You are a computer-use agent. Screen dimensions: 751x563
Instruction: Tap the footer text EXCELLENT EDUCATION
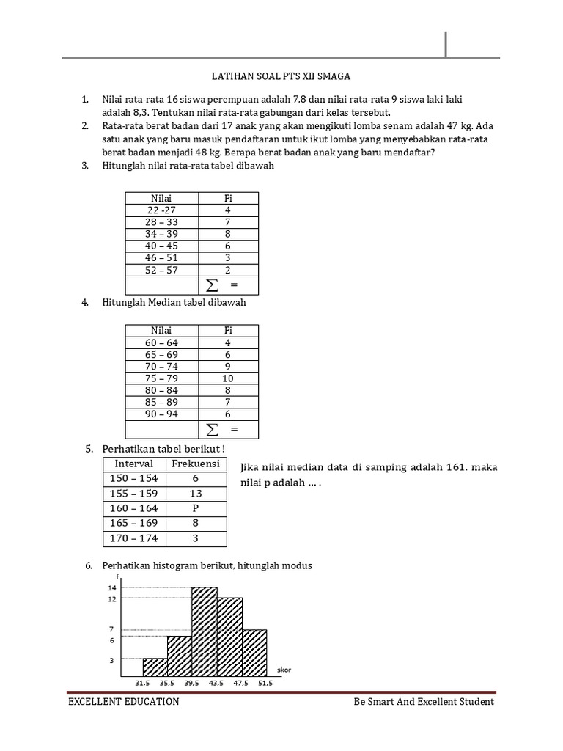coord(123,702)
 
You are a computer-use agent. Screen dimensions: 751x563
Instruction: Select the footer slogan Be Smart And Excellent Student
coord(423,702)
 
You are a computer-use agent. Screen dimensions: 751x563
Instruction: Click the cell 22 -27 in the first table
coord(161,210)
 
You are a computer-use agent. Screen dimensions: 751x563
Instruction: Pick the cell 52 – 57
coord(161,270)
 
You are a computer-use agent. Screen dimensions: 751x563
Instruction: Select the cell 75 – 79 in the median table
coord(161,378)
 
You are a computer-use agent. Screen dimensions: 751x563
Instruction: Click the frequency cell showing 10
coord(227,378)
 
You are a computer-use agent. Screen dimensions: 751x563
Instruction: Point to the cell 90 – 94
coord(161,414)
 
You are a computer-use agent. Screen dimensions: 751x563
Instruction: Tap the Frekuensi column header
coord(196,464)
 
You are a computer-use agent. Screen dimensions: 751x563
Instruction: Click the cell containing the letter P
coord(196,508)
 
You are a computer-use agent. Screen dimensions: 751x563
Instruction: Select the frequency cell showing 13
coord(196,494)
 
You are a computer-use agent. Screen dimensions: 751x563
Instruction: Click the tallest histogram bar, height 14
coord(205,632)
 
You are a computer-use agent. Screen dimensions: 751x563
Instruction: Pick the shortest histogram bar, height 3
coord(155,667)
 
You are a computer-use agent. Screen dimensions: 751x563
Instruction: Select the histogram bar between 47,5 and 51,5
coord(254,653)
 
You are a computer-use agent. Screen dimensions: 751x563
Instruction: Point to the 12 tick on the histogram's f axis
coord(112,599)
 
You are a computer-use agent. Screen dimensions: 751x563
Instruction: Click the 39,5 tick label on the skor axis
coord(191,683)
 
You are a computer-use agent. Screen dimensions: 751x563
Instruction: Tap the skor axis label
coord(284,670)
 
